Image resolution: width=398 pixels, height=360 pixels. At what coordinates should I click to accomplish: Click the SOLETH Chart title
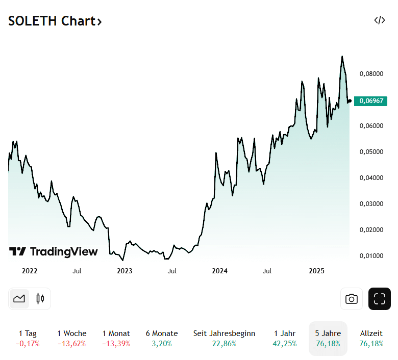coord(55,21)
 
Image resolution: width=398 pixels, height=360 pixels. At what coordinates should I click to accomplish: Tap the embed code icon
coord(379,20)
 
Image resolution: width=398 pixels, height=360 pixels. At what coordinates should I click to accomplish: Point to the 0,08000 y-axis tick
coord(371,73)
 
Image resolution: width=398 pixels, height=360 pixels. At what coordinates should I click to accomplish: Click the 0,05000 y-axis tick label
coord(371,151)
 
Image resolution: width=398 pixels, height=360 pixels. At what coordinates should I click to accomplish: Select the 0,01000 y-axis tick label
coord(371,255)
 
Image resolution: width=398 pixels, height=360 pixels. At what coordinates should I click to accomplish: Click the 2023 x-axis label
coord(125,271)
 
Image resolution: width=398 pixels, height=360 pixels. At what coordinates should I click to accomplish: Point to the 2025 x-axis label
coord(317,271)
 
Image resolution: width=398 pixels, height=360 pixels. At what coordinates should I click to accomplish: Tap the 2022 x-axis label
coord(30,271)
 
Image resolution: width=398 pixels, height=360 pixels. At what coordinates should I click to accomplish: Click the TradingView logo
coord(54,251)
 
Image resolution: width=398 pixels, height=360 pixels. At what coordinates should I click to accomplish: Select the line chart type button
coord(19,299)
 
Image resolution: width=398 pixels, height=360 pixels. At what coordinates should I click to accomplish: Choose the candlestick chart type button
coord(40,299)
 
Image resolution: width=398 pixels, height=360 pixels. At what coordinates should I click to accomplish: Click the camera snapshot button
coord(351,299)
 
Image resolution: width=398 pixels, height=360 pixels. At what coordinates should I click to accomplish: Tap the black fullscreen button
coord(379,299)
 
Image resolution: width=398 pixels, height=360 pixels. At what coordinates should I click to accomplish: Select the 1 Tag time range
coord(28,338)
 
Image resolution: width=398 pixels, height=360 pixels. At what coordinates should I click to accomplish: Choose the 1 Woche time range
coord(71,338)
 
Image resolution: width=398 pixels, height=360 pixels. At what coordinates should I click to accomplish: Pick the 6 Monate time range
coord(161,338)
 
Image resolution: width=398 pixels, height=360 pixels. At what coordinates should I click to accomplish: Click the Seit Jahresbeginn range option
coord(224,338)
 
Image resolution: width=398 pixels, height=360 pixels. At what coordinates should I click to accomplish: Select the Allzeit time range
coord(371,338)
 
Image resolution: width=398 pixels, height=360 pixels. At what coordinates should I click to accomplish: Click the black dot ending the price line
coord(350,101)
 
